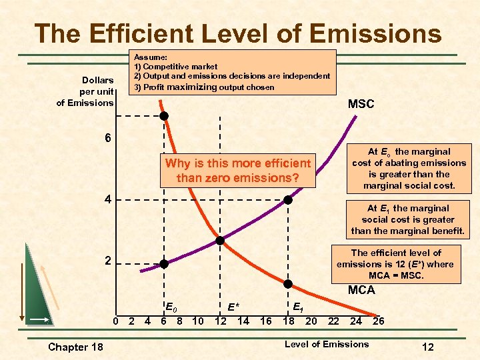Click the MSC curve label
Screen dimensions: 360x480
[x=361, y=104]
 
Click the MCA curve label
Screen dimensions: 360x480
[x=361, y=290]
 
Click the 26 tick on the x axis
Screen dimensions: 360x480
[x=377, y=321]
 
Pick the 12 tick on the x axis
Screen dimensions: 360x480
[x=219, y=321]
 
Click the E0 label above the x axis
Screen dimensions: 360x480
[x=171, y=307]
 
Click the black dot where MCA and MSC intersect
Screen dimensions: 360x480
[x=220, y=240]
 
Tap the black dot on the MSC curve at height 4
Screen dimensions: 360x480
[x=288, y=199]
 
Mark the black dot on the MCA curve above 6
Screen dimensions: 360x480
[x=163, y=115]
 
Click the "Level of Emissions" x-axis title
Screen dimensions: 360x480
[x=327, y=344]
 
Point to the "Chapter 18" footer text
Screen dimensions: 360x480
[x=76, y=347]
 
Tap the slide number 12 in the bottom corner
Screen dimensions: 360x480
[x=428, y=347]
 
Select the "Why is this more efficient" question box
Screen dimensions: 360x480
[x=238, y=171]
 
